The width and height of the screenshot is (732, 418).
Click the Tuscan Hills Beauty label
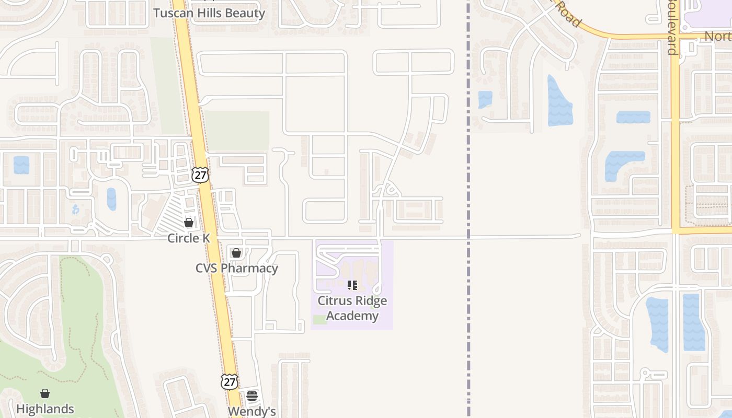pyautogui.click(x=209, y=13)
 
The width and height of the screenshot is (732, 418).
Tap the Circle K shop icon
pyautogui.click(x=189, y=223)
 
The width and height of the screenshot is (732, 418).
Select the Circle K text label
pyautogui.click(x=189, y=238)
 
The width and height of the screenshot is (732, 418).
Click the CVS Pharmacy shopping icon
pyautogui.click(x=236, y=253)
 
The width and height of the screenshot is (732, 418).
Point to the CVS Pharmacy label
pyautogui.click(x=236, y=268)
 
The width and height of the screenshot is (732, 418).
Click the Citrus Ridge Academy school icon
pyautogui.click(x=352, y=285)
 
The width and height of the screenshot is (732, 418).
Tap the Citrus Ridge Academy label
pyautogui.click(x=352, y=308)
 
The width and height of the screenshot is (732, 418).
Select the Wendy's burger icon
pyautogui.click(x=252, y=396)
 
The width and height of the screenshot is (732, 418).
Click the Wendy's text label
pyautogui.click(x=252, y=411)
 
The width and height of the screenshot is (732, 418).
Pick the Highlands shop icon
pyautogui.click(x=45, y=393)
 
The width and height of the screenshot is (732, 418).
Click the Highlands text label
pyautogui.click(x=45, y=409)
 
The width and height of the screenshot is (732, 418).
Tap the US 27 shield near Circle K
pyautogui.click(x=200, y=175)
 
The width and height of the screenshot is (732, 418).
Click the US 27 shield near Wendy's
pyautogui.click(x=229, y=381)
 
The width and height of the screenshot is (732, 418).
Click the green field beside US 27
pyautogui.click(x=237, y=130)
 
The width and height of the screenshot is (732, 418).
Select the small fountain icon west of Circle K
pyautogui.click(x=75, y=210)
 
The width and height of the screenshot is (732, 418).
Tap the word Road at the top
pyautogui.click(x=568, y=14)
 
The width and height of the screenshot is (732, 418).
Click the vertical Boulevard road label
pyautogui.click(x=672, y=26)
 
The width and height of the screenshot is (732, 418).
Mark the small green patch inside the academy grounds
pyautogui.click(x=320, y=319)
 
